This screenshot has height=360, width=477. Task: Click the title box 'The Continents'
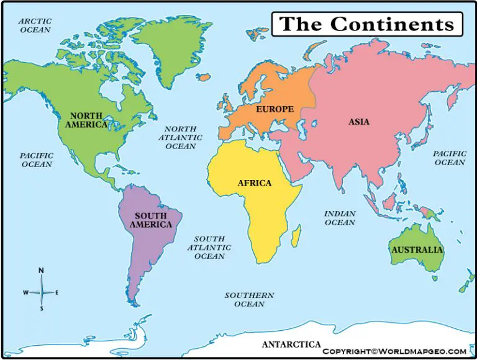(367, 24)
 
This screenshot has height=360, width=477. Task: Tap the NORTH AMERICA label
(86, 120)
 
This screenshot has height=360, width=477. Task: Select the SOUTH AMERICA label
(151, 220)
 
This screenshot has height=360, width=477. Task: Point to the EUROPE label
(275, 109)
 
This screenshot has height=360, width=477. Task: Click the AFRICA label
(255, 183)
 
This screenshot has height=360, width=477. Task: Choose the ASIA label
(359, 122)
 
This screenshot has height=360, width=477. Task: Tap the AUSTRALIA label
(417, 250)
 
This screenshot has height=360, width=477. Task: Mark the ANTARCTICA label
(291, 344)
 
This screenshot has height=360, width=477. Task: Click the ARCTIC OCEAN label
(35, 25)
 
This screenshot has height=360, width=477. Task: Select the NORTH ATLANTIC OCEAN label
(180, 138)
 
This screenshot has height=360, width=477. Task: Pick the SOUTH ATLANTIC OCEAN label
(209, 248)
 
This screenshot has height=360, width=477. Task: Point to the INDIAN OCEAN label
(340, 218)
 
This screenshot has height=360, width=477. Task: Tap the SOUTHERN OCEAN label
(249, 300)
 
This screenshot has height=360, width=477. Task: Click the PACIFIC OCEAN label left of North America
(37, 160)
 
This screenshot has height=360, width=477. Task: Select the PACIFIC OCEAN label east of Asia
(450, 158)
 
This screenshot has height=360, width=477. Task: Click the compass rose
(42, 292)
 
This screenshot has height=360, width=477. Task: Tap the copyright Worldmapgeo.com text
(394, 351)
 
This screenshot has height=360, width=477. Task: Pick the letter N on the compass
(42, 271)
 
